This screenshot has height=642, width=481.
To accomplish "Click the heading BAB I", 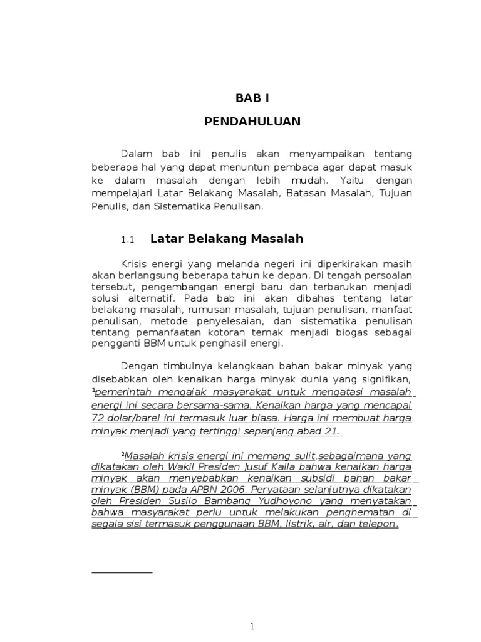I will [252, 98].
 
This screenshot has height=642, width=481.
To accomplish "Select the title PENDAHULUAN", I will [252, 122].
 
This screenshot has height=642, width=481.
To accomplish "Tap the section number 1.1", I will [128, 239].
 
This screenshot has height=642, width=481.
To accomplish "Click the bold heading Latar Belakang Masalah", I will [227, 239].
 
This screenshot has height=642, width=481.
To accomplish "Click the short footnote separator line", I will [122, 572].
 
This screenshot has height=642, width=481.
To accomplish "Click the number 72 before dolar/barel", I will [98, 417].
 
